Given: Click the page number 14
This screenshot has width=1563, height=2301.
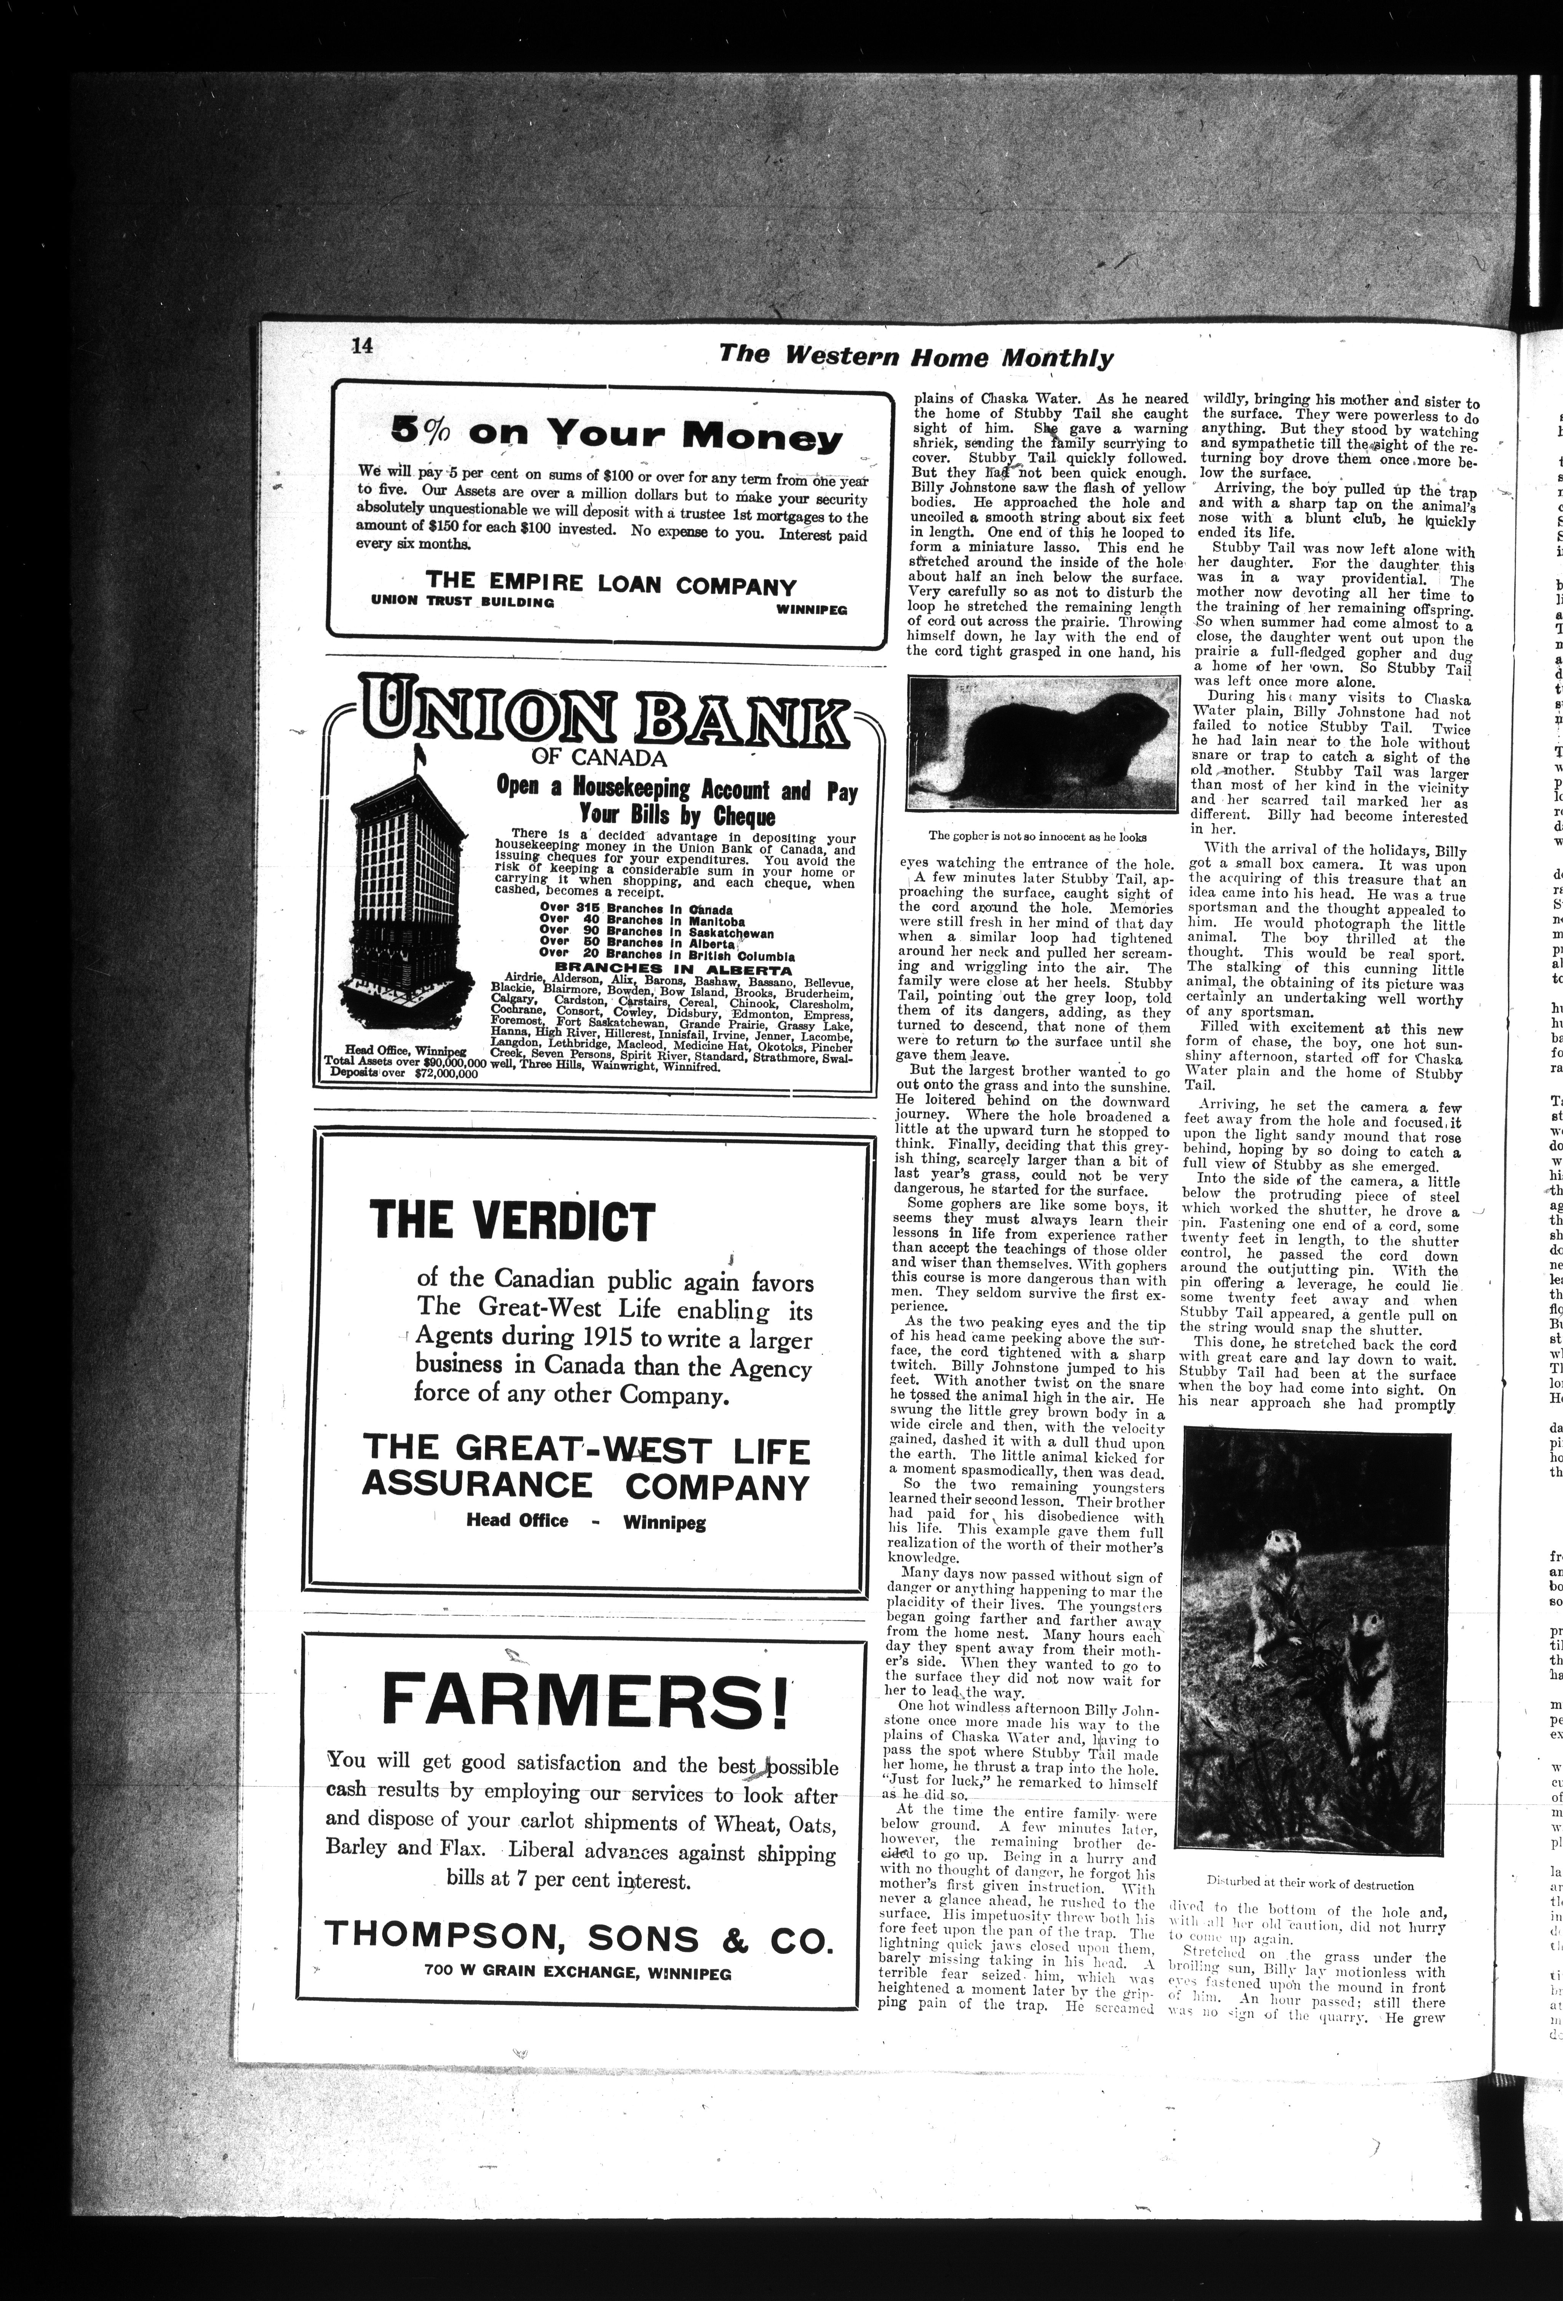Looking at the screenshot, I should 360,346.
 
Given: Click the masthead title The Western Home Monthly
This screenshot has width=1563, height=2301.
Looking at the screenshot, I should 916,357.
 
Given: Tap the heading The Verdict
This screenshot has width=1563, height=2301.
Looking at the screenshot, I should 512,1222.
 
